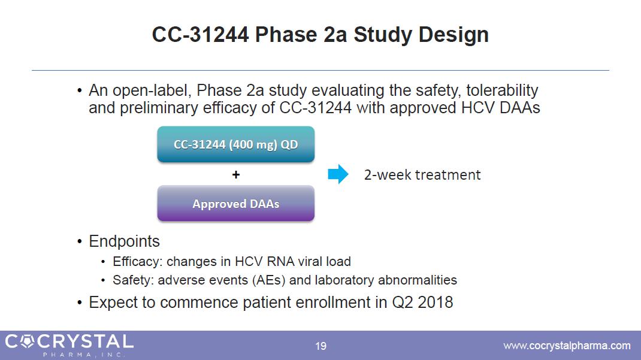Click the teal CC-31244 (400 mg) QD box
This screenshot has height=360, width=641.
(x=236, y=144)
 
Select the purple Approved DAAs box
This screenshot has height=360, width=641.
(x=236, y=203)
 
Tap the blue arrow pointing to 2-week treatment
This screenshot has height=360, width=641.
(x=338, y=174)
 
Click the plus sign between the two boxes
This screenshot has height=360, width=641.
(x=236, y=175)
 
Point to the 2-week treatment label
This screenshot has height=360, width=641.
(x=422, y=175)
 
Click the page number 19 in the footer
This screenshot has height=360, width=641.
(x=321, y=346)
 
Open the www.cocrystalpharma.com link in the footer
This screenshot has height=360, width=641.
(x=567, y=346)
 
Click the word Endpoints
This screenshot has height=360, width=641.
(x=124, y=241)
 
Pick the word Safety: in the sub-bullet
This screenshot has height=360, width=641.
(x=133, y=280)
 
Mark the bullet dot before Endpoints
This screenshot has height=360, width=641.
(x=80, y=241)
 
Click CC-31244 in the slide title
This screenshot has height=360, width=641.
(x=200, y=34)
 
